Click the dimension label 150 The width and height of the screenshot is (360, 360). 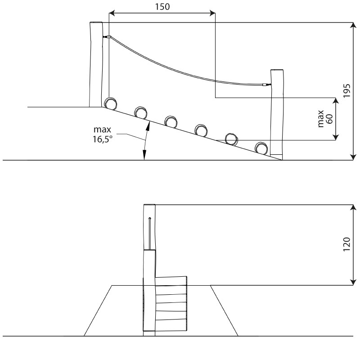(162, 7)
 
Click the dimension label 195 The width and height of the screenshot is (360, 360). (346, 91)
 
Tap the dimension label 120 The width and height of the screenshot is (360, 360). (346, 244)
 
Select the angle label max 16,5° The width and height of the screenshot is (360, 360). (103, 134)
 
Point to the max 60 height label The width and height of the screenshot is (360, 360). (325, 119)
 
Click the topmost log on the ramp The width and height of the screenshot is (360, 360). (110, 103)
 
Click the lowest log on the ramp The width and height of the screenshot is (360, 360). (261, 148)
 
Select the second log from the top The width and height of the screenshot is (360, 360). (140, 113)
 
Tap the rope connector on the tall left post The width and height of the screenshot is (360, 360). (107, 37)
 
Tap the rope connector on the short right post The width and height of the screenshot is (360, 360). (267, 85)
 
